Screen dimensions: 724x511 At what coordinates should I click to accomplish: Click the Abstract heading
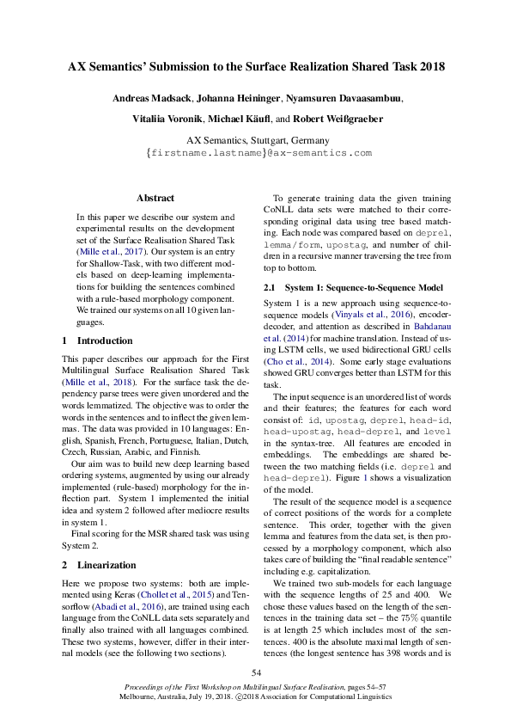tap(155, 198)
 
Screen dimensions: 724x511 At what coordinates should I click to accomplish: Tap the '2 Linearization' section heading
tap(96, 565)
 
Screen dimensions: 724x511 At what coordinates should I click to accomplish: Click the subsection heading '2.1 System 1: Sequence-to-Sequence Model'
tap(353, 286)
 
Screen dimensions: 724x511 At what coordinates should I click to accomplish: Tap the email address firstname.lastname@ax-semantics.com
tap(259, 152)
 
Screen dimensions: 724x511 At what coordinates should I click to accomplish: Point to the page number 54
tap(255, 672)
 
